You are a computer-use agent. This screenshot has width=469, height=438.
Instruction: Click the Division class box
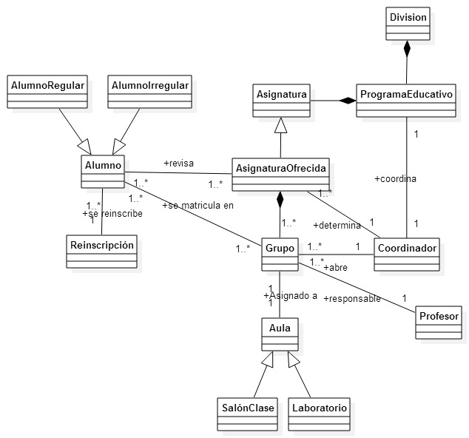(x=406, y=24)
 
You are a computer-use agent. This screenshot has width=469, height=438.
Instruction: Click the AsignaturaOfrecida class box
(x=280, y=175)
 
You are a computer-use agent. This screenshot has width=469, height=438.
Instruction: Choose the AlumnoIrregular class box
(x=149, y=92)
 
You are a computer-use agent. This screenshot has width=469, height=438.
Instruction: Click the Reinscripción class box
(x=101, y=252)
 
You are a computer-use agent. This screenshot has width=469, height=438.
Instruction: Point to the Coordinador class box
(x=406, y=255)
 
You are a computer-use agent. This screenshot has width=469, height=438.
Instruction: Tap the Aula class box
(x=280, y=334)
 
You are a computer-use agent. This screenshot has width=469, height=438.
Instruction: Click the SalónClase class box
(x=248, y=407)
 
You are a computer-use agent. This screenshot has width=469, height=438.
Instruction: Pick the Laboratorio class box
(x=320, y=407)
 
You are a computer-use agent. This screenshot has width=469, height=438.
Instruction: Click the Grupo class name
(x=280, y=246)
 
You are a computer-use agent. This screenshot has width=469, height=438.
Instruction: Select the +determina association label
(x=336, y=225)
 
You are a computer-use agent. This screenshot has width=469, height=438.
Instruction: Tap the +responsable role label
(x=352, y=299)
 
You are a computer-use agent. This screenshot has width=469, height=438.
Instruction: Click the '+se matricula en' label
(x=198, y=206)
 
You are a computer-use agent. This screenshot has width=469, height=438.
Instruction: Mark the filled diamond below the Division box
(x=406, y=50)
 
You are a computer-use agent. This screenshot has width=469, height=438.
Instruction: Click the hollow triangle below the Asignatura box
(x=280, y=126)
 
